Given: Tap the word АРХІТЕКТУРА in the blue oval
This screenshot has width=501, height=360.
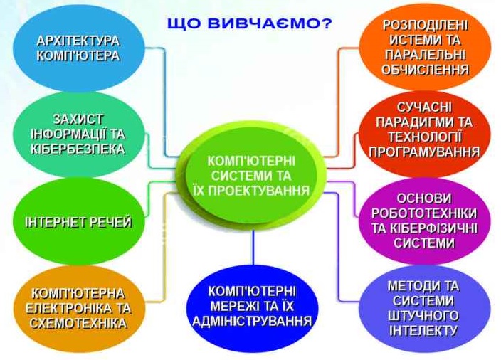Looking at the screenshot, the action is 78,41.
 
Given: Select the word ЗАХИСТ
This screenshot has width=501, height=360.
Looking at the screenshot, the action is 78,119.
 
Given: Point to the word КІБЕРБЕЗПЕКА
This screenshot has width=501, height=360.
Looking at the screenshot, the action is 78,149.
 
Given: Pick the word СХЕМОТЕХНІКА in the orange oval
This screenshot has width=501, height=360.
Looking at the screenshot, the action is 78,323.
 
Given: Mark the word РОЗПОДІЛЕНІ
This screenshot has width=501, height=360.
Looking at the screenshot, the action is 426,26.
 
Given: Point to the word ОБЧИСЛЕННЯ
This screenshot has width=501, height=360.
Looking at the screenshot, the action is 426,70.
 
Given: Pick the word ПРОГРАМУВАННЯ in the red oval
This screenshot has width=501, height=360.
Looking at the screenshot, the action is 425,152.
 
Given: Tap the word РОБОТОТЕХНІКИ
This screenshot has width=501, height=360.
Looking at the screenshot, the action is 425,213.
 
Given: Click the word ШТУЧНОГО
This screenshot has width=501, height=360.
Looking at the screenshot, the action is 423,316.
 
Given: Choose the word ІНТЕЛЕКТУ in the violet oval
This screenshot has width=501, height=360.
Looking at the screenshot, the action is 423,330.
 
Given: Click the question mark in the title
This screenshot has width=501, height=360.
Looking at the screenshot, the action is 327,24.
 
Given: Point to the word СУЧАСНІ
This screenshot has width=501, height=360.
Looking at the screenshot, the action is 424,107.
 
